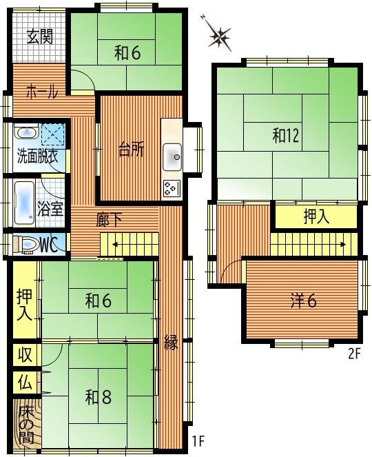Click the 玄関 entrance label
[x=40, y=37]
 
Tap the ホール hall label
[x=42, y=92]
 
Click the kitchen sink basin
[x=172, y=156]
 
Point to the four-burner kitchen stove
[x=172, y=188]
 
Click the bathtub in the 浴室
[x=25, y=203]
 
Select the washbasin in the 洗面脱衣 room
[x=27, y=132]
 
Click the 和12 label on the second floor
[x=286, y=136]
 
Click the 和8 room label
[x=99, y=397]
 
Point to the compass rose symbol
[x=219, y=36]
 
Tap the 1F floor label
[x=198, y=441]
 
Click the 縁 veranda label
[x=171, y=342]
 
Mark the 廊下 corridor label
[x=109, y=220]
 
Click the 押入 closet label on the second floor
[x=316, y=217]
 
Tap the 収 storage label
[x=25, y=354]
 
